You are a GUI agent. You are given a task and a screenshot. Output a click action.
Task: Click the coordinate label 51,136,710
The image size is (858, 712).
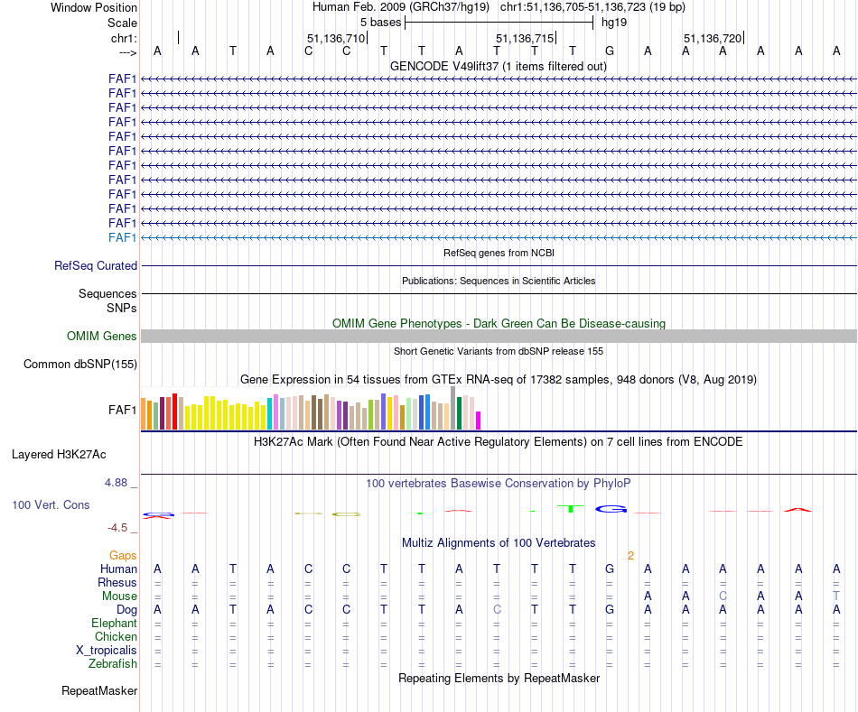pos(336,39)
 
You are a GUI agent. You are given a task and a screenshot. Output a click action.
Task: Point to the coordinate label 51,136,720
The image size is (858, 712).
pos(713,39)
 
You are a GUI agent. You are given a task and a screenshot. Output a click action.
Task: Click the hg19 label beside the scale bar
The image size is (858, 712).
pos(614,22)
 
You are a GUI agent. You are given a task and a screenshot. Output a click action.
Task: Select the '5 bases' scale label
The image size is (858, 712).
pos(380,22)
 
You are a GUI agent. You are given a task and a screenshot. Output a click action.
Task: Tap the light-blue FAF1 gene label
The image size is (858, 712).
pos(123,237)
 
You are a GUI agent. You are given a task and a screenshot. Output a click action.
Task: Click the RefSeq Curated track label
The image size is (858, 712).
pos(96,266)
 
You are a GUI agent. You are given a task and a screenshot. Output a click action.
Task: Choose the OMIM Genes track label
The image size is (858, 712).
pos(102,337)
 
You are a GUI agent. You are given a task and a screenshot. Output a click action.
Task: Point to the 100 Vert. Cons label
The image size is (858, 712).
pos(51,505)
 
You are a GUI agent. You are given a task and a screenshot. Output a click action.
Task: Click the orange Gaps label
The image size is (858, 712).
pos(123,555)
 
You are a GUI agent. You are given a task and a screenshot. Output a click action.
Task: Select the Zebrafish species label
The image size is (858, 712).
pos(112,664)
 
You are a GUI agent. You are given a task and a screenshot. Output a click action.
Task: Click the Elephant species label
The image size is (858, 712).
pos(114,624)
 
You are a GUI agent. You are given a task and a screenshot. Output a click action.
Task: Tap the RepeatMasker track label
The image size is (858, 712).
pos(99,691)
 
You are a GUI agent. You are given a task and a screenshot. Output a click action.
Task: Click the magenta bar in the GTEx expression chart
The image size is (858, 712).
pos(479,421)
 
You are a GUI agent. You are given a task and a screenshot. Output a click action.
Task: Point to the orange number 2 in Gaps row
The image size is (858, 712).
pos(630,555)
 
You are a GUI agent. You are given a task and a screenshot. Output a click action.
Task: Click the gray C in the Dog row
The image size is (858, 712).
pos(496,610)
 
